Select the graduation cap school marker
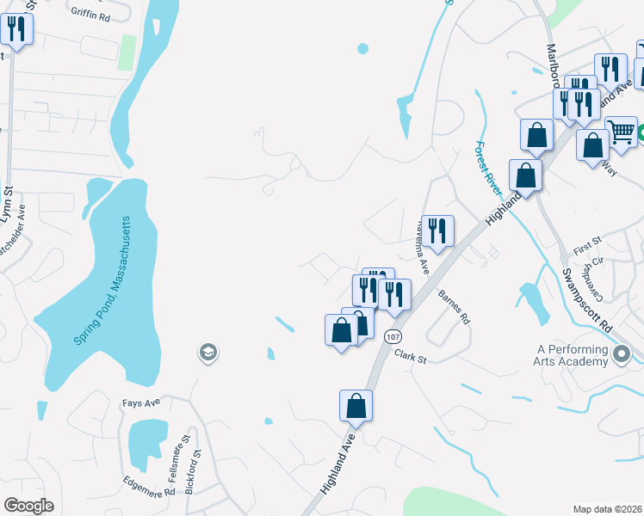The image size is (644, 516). [207, 352]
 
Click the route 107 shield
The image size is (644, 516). [393, 335]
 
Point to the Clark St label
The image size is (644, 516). [411, 354]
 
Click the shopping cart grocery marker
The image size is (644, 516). [621, 132]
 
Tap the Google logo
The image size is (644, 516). [28, 506]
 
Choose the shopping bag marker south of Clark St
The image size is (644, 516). [356, 406]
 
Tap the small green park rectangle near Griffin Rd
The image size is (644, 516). [128, 52]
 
